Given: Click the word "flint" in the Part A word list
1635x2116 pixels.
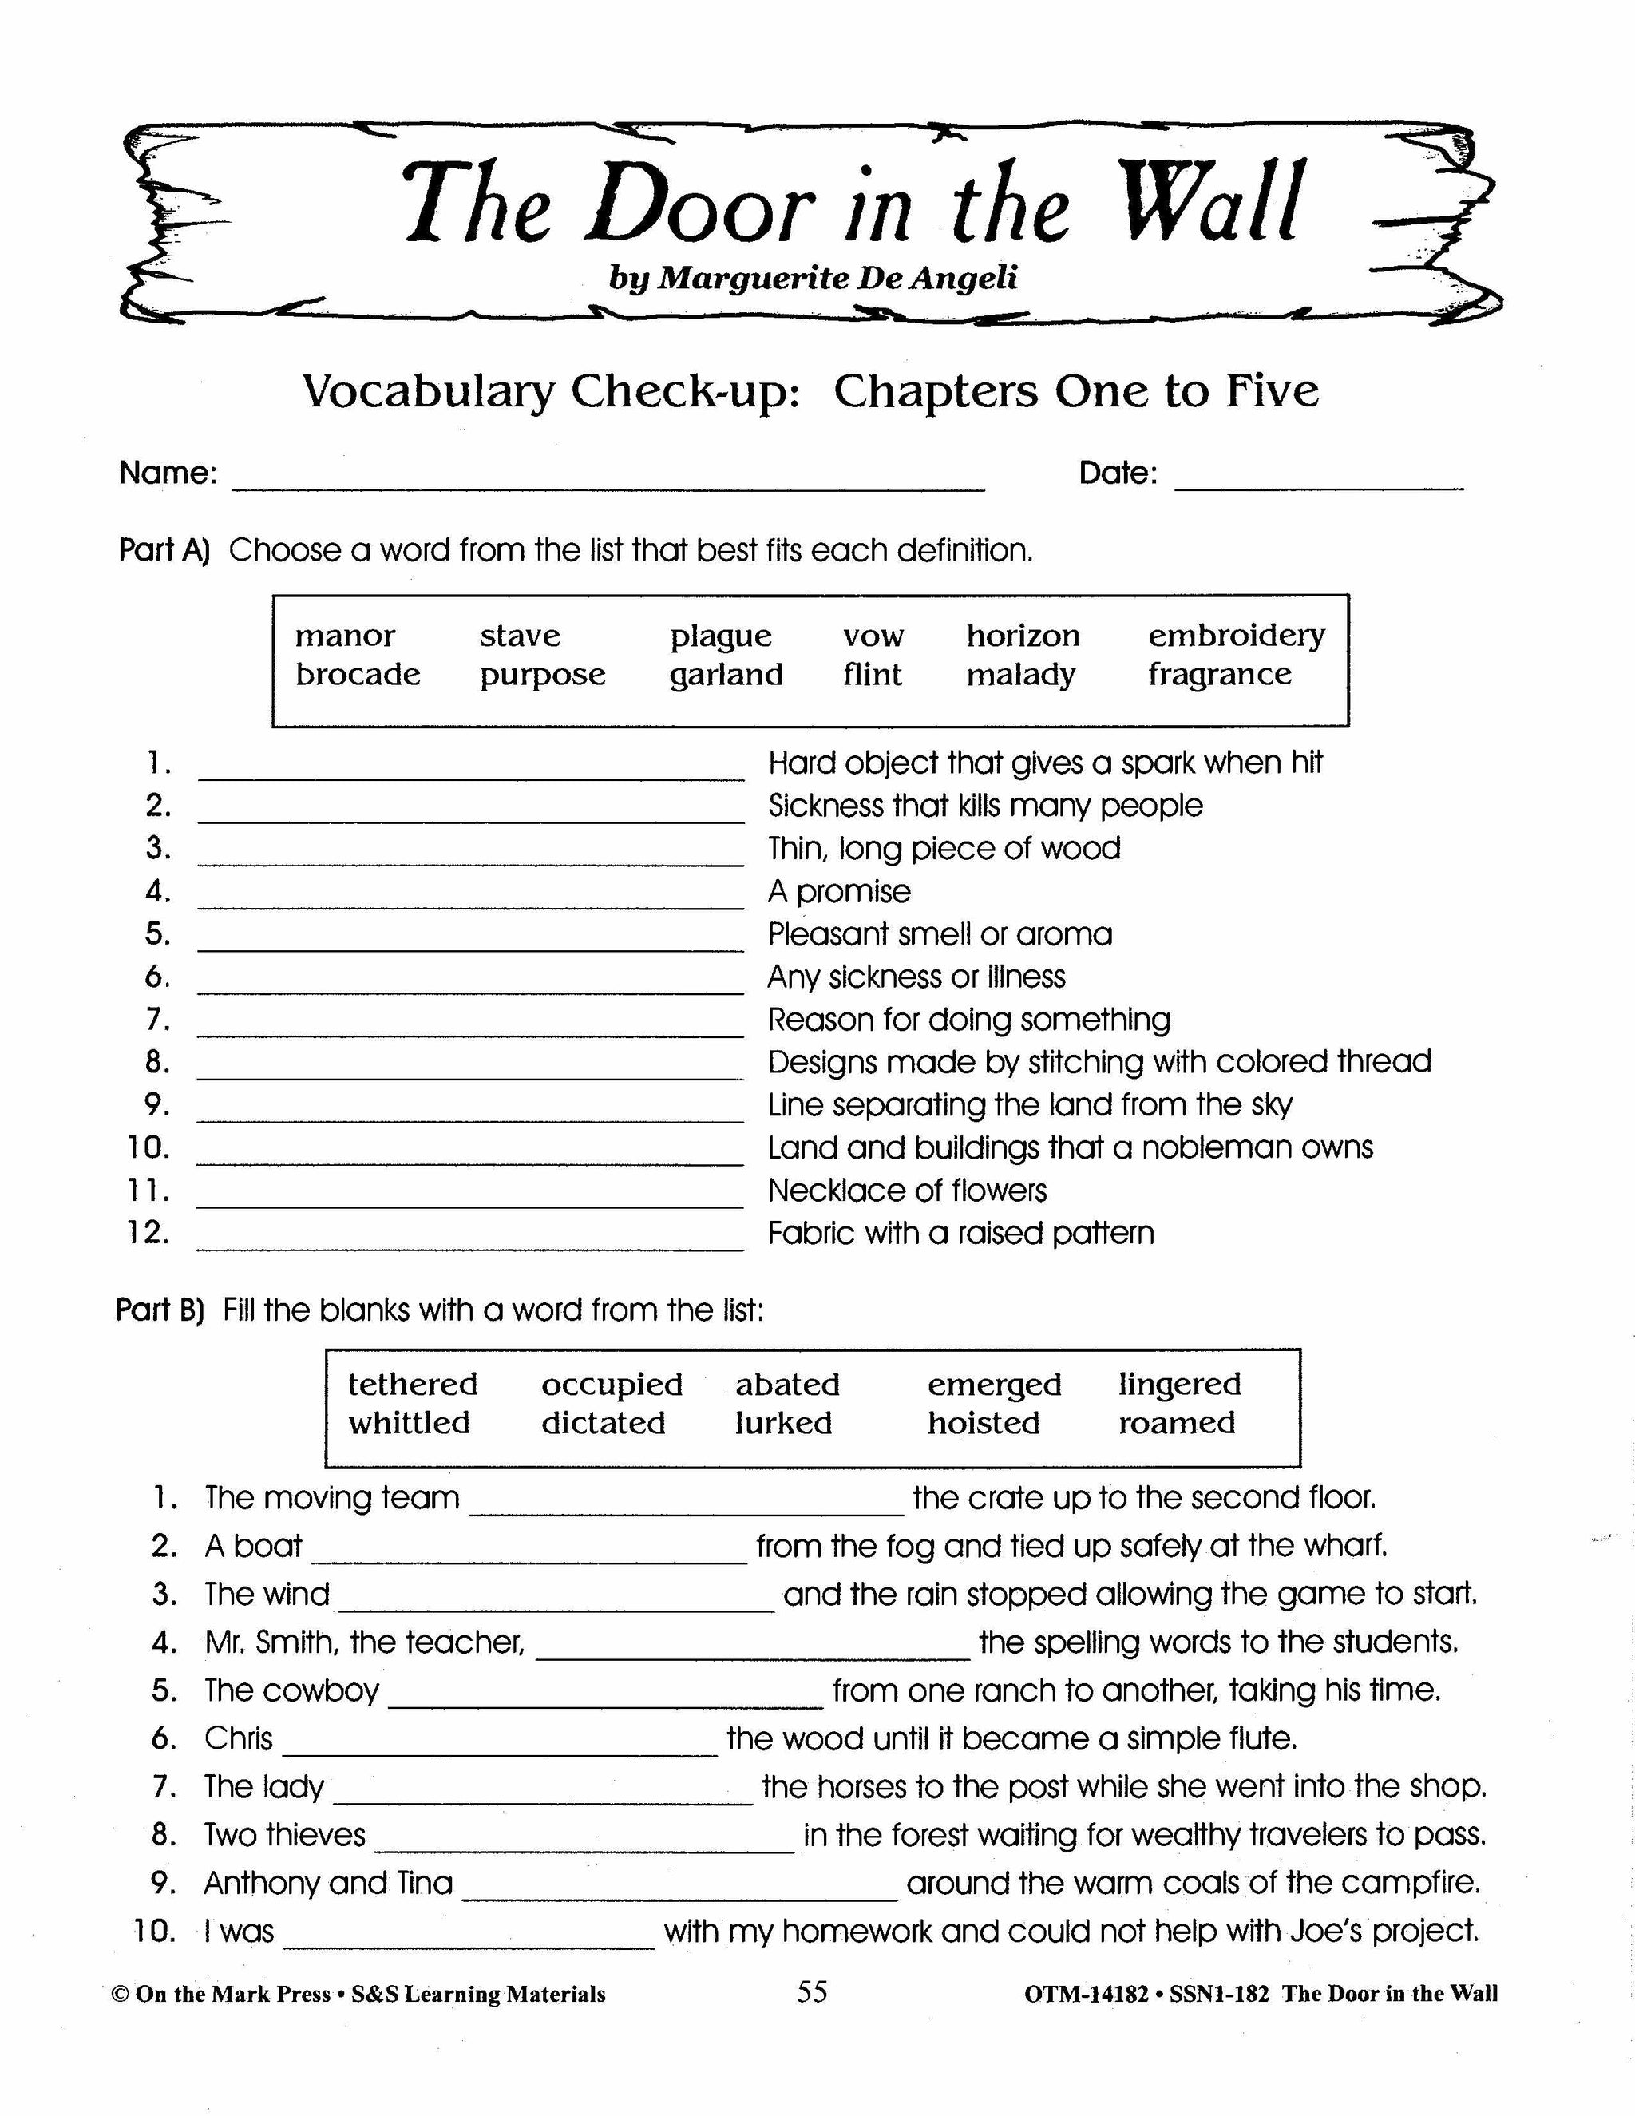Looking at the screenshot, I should pyautogui.click(x=872, y=675).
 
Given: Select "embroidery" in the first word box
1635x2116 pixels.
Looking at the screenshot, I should pyautogui.click(x=1236, y=636).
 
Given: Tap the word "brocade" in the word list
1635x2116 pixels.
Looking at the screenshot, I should pyautogui.click(x=358, y=675).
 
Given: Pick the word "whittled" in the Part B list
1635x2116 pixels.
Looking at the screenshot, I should pyautogui.click(x=409, y=1423).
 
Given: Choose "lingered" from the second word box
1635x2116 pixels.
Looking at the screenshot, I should pyautogui.click(x=1179, y=1384).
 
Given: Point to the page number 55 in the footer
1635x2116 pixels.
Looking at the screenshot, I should pyautogui.click(x=812, y=1992).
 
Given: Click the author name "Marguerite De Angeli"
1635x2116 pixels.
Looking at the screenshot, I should pyautogui.click(x=837, y=278).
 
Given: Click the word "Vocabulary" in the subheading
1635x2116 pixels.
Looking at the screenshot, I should pyautogui.click(x=429, y=391).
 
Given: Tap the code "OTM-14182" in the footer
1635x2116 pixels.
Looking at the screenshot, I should pyautogui.click(x=1085, y=1994).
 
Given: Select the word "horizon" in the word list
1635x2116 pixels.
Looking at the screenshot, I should pyautogui.click(x=1022, y=636).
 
